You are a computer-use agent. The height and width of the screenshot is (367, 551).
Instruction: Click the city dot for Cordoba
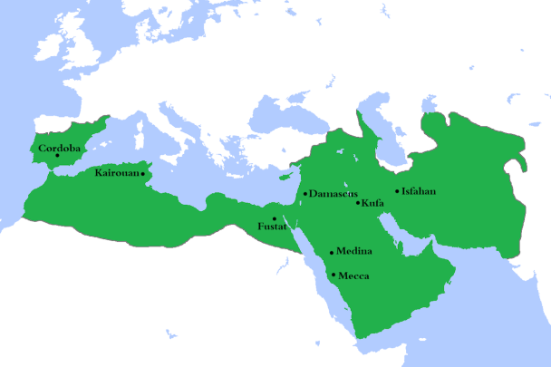[x=58, y=155]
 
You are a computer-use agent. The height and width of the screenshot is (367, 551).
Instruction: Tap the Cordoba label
[x=59, y=146]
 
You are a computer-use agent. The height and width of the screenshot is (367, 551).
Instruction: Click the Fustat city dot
[x=275, y=218]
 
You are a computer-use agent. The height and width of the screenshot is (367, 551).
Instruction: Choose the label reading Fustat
[x=272, y=227]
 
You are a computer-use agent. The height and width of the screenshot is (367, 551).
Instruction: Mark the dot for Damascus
[x=306, y=193]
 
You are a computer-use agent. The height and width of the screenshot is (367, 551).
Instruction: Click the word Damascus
[x=333, y=194]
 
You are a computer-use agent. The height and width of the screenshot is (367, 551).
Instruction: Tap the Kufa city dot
[x=358, y=203]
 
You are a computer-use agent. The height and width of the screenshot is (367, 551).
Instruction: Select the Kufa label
[x=372, y=203]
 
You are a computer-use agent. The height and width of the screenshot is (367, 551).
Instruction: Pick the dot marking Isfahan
[x=397, y=190]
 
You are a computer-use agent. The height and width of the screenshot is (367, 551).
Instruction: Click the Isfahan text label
[x=420, y=191]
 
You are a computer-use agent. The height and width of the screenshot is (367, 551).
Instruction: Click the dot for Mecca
[x=334, y=274]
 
